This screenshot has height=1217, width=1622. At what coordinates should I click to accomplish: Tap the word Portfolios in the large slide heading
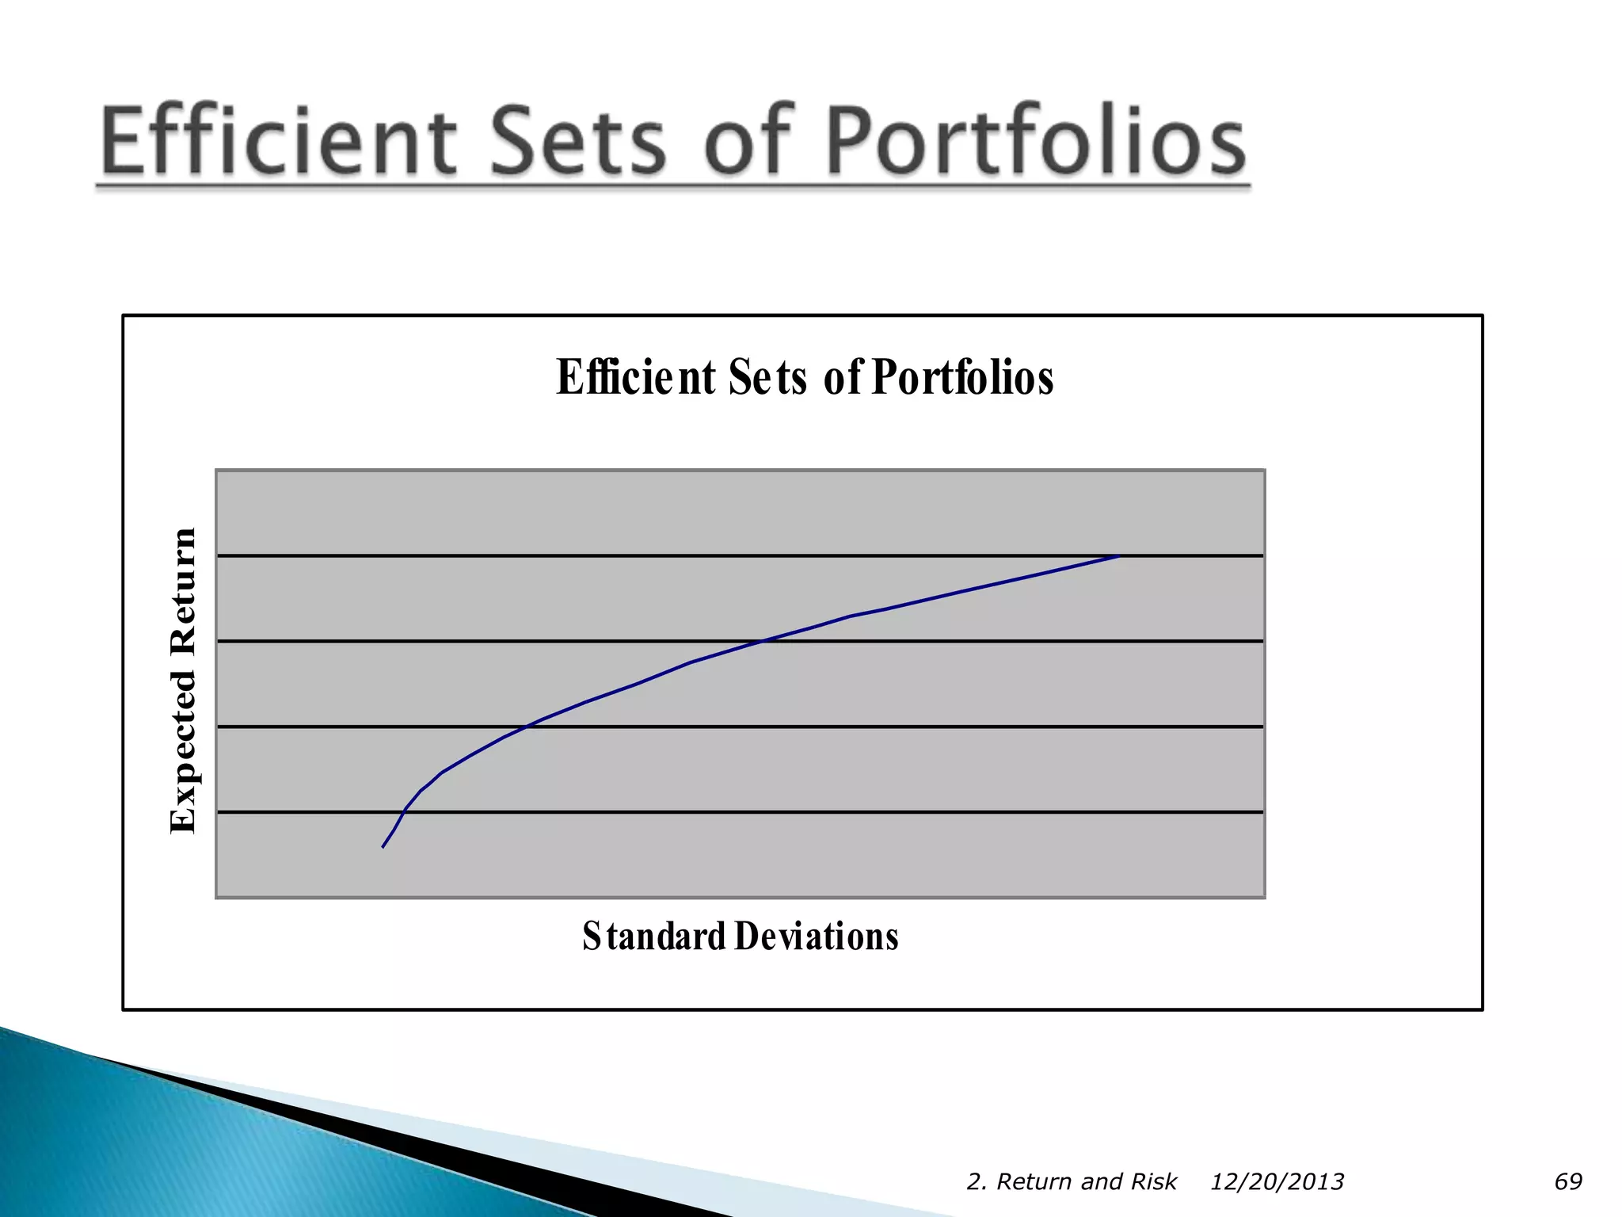click(1036, 141)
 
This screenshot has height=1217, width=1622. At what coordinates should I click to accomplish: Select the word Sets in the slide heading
click(578, 141)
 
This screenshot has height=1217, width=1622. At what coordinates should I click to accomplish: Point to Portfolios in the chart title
click(962, 377)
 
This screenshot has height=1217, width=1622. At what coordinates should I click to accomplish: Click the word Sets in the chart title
click(767, 377)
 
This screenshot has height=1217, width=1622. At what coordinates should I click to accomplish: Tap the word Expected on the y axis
click(183, 751)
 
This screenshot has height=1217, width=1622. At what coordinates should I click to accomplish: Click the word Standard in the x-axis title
click(654, 936)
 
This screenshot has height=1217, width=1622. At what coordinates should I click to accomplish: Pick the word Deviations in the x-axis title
click(817, 936)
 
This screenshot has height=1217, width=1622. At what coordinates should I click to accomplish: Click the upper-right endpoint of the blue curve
click(1118, 556)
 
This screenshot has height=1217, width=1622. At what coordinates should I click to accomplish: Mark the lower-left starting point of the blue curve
click(383, 847)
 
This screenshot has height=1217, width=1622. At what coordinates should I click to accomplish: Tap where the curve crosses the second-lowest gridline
click(525, 727)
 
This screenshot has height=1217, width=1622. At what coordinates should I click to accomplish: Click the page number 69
click(1567, 1181)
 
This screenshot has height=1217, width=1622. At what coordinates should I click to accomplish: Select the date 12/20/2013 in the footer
click(1276, 1181)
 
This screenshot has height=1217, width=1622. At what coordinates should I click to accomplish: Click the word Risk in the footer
click(1154, 1181)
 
